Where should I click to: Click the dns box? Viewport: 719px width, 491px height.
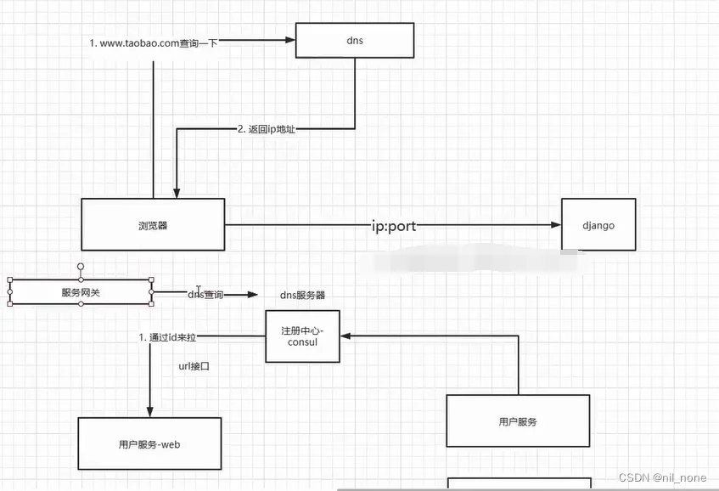pos(354,40)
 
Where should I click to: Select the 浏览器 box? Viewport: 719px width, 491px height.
pos(153,225)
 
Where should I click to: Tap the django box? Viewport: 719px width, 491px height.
pos(598,225)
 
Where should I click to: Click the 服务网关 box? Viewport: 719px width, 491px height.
pos(81,292)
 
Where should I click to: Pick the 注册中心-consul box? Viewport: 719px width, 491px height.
pos(303,336)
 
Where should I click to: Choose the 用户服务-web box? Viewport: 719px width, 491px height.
pos(149,443)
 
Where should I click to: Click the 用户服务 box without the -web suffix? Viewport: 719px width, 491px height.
pos(518,420)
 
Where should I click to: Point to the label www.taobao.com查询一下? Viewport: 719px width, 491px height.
pos(154,42)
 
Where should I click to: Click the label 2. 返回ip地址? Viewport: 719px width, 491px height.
pos(267,129)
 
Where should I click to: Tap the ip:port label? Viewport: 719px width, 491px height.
pos(393,226)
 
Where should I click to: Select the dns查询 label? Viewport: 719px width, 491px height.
pos(205,295)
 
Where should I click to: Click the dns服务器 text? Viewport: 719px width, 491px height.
pos(302,295)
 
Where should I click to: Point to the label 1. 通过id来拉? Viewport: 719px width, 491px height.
pos(167,337)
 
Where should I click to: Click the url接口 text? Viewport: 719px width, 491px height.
pos(194,366)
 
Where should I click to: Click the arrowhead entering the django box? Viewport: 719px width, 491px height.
pos(556,225)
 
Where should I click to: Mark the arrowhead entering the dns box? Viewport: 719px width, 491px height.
pos(289,40)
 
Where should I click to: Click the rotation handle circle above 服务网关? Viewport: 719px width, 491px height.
pos(81,266)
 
